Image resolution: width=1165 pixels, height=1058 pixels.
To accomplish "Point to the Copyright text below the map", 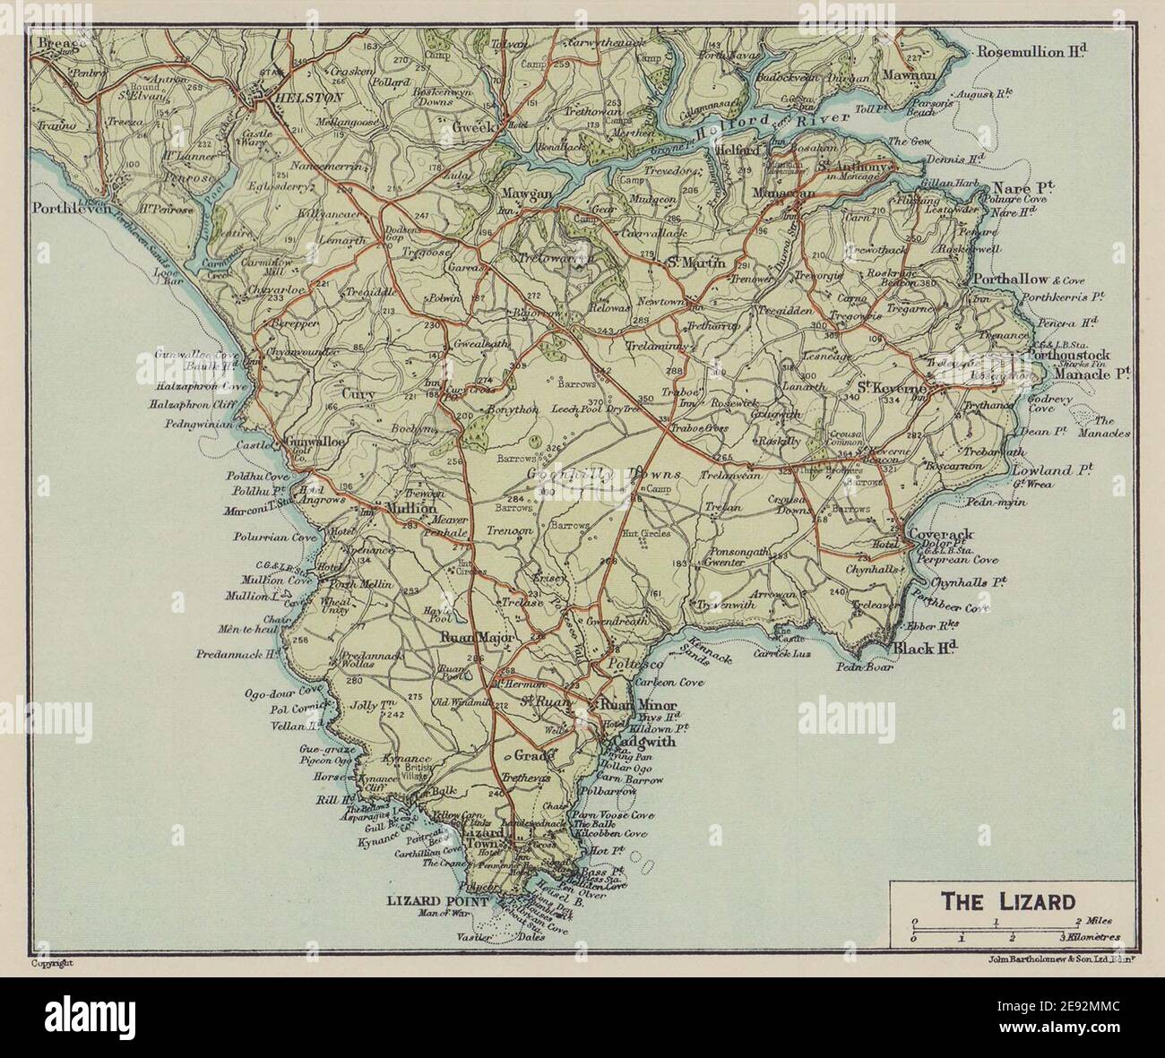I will pos(51,963).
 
